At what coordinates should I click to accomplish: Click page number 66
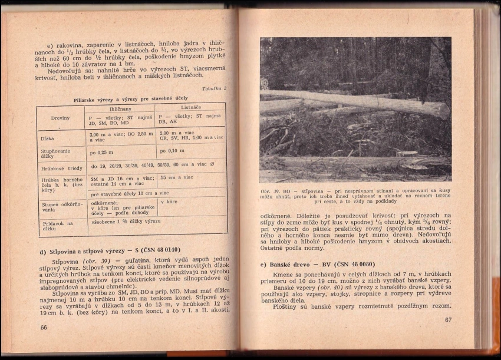(43, 328)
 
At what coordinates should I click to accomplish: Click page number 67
(447, 320)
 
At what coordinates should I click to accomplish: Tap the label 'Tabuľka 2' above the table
(214, 89)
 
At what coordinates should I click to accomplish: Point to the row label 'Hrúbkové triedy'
(60, 168)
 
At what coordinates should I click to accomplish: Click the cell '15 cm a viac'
(177, 177)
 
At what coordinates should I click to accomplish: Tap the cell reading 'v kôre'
(169, 202)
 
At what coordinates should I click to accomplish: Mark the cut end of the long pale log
(441, 110)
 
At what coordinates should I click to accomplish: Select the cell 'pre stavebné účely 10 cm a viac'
(129, 193)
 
